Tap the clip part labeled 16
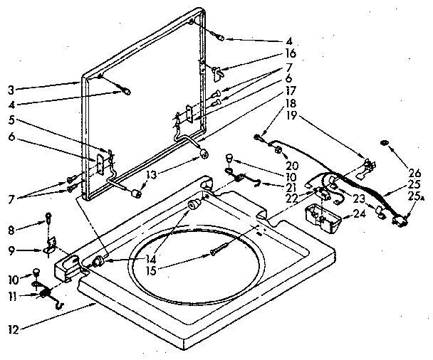[x=219, y=70]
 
